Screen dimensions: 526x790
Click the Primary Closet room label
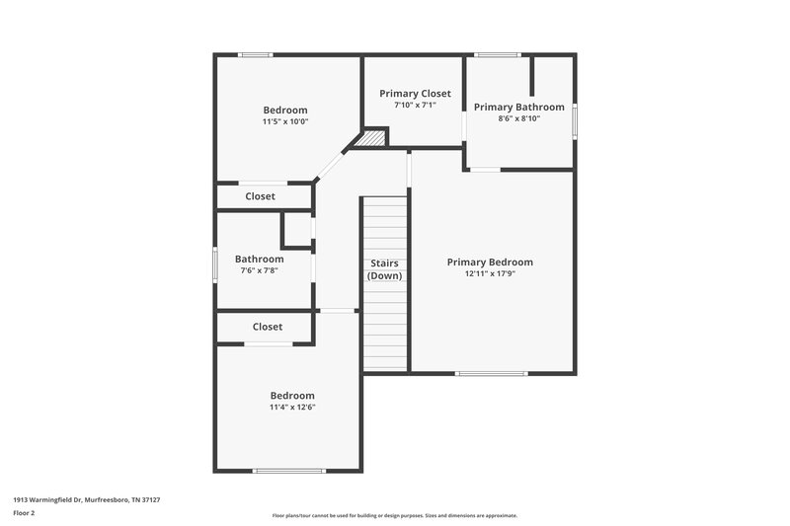[x=415, y=93]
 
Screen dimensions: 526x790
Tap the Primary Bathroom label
[x=518, y=107]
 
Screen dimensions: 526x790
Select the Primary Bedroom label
[x=490, y=262]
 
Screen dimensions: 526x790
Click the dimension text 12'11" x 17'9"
[x=490, y=273]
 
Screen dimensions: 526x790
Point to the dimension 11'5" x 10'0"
[x=284, y=121]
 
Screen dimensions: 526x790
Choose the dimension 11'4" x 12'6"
[x=292, y=407]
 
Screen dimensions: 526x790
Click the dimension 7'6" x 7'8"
[x=259, y=270]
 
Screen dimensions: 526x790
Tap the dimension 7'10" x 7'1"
[x=415, y=105]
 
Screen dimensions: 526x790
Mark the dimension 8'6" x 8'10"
[x=518, y=118]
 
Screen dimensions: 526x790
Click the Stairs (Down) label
[x=384, y=269]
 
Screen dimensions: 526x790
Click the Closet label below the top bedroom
[x=261, y=196]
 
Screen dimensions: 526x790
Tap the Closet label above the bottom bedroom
[x=267, y=327]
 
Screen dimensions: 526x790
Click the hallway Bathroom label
[x=259, y=259]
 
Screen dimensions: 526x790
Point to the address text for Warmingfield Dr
[x=86, y=499]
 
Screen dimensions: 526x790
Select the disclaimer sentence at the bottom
[x=394, y=515]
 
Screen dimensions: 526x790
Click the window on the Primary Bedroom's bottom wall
[x=491, y=373]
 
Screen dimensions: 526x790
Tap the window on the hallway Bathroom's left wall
[x=216, y=263]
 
